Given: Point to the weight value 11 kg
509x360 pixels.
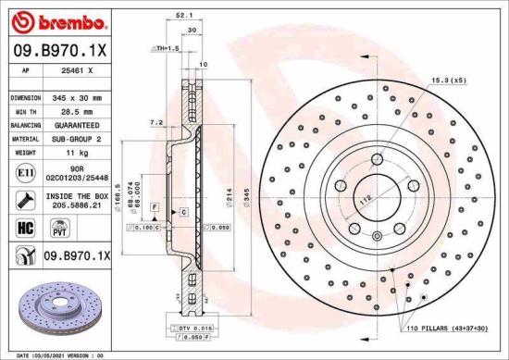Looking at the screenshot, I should [x=75, y=151].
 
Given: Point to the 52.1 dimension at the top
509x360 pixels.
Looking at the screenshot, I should [x=183, y=14].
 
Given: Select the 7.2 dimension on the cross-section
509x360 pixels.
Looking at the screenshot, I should [x=155, y=122].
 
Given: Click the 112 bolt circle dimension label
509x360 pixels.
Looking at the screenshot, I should [x=366, y=197].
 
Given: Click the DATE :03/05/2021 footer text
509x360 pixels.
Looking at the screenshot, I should [x=35, y=354].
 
